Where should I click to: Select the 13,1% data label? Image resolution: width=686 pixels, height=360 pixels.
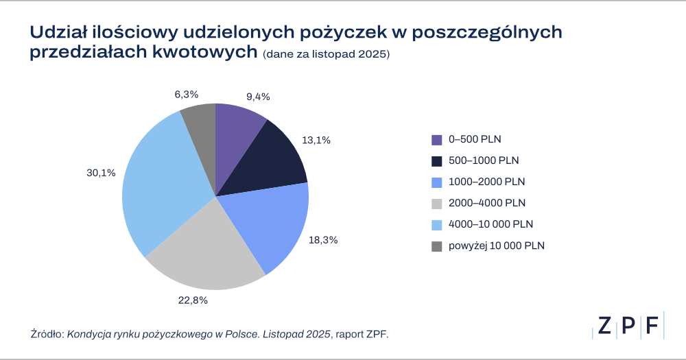pos(316,140)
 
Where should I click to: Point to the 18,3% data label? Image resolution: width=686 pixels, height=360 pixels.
pos(323,240)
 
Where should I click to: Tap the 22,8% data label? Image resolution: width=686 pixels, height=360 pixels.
pos(193,300)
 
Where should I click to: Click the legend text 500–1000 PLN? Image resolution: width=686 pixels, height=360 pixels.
pos(484,161)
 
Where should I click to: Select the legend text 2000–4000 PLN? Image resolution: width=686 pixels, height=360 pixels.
pos(487,204)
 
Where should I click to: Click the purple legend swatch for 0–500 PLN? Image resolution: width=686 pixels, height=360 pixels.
pos(436,140)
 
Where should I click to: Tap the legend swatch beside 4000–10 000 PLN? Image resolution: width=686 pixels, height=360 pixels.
pos(436,225)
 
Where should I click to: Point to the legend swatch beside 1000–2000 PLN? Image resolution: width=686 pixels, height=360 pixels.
pos(436,182)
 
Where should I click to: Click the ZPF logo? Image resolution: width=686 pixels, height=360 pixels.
pos(628,325)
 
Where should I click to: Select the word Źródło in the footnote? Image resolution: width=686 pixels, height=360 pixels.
pos(46,334)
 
